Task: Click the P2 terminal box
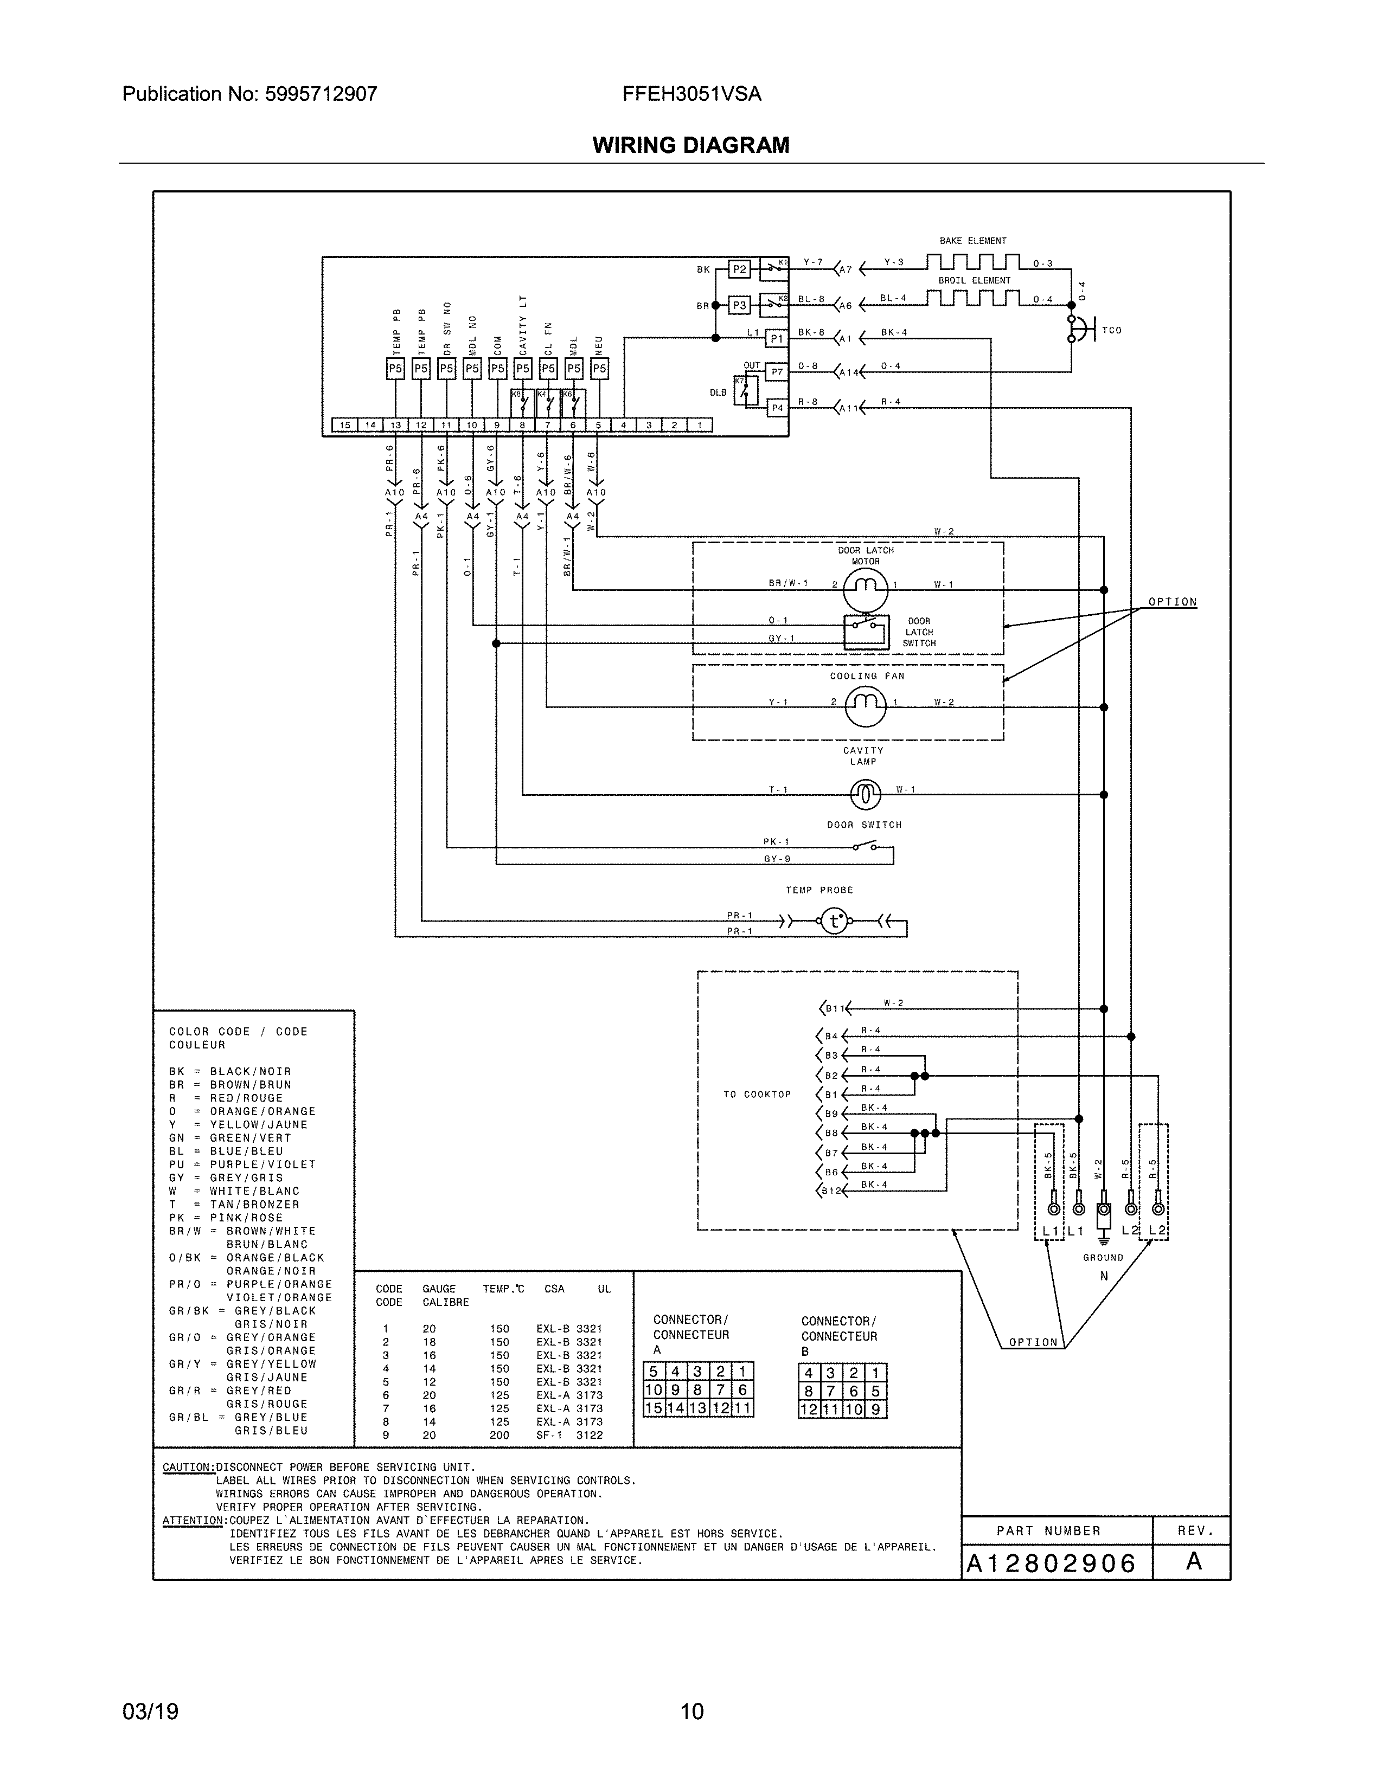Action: click(x=739, y=269)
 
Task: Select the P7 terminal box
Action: click(x=777, y=372)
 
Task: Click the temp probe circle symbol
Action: click(x=834, y=922)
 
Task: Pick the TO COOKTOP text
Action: click(x=757, y=1095)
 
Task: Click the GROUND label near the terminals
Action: click(x=1103, y=1257)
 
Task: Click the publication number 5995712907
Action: click(x=321, y=94)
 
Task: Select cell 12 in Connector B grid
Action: click(x=809, y=1409)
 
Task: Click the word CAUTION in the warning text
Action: click(x=188, y=1467)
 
